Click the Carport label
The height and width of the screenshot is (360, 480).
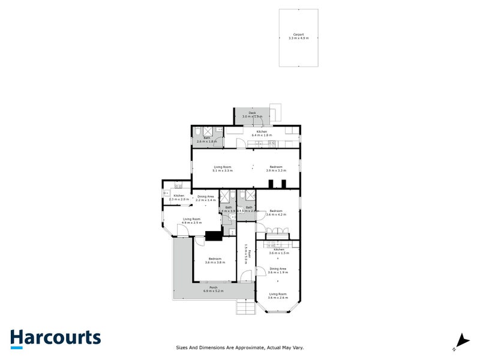(298, 36)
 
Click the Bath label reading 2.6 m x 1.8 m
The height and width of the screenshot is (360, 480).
(206, 140)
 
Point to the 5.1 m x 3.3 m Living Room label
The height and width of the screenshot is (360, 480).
(223, 169)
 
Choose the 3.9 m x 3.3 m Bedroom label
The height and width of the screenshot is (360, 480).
(275, 169)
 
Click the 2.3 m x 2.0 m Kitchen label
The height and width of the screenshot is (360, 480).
(179, 197)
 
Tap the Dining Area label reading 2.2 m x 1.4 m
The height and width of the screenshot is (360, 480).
(206, 197)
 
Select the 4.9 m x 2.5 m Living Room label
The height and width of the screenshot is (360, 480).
(191, 221)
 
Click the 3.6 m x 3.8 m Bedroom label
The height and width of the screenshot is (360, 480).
(215, 260)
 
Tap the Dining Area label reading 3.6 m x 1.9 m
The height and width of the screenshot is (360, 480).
(278, 271)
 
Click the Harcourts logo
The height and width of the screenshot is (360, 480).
(55, 337)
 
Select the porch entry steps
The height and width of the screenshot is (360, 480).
(245, 307)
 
